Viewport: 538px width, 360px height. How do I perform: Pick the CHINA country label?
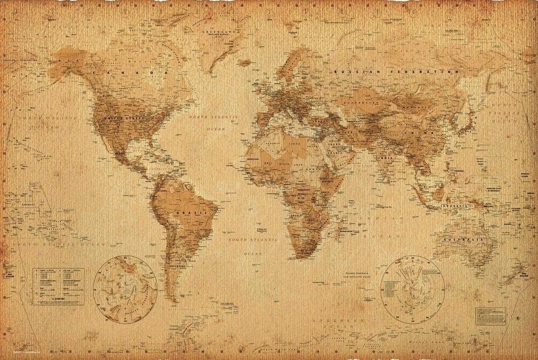tap(411, 134)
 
